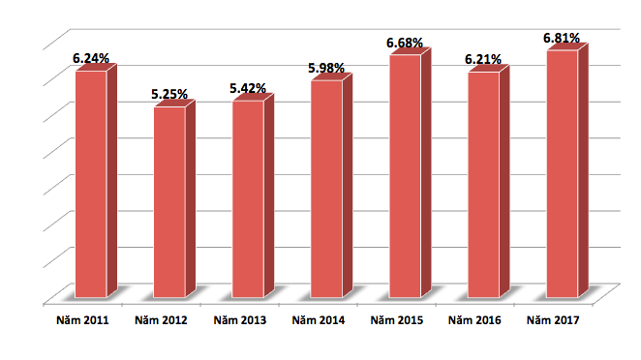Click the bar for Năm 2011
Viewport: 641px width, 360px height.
click(x=91, y=184)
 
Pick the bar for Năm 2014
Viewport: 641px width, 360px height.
click(x=326, y=189)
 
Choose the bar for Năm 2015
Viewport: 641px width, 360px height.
click(x=405, y=176)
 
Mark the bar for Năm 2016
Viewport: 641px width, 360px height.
click(x=483, y=184)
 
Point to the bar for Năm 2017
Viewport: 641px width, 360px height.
click(x=562, y=174)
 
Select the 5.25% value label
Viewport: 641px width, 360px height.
click(x=169, y=94)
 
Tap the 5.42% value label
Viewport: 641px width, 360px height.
click(x=248, y=88)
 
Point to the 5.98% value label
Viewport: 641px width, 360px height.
click(x=327, y=68)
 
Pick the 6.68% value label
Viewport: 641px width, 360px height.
click(x=406, y=43)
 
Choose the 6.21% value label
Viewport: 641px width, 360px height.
click(x=483, y=59)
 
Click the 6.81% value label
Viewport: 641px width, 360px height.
click(x=562, y=38)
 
